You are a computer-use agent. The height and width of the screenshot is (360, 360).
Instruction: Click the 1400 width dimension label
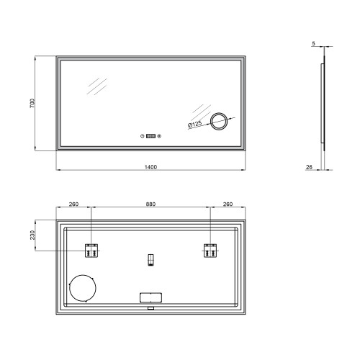[x=150, y=167]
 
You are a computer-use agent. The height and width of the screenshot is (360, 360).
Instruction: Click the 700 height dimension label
[x=32, y=103]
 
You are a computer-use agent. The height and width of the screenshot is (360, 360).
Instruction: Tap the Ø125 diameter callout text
[x=194, y=125]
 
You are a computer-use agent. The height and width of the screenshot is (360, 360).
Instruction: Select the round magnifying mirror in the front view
[x=219, y=121]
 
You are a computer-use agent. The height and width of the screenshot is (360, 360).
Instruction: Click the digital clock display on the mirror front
[x=150, y=136]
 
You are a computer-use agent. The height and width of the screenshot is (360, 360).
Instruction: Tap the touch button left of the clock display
[x=143, y=136]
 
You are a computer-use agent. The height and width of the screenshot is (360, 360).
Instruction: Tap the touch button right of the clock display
[x=159, y=136]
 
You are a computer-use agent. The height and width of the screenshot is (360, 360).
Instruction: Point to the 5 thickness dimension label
[x=313, y=44]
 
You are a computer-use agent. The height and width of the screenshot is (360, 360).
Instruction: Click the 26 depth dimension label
[x=309, y=167]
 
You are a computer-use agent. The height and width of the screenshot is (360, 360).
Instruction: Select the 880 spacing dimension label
[x=150, y=204]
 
